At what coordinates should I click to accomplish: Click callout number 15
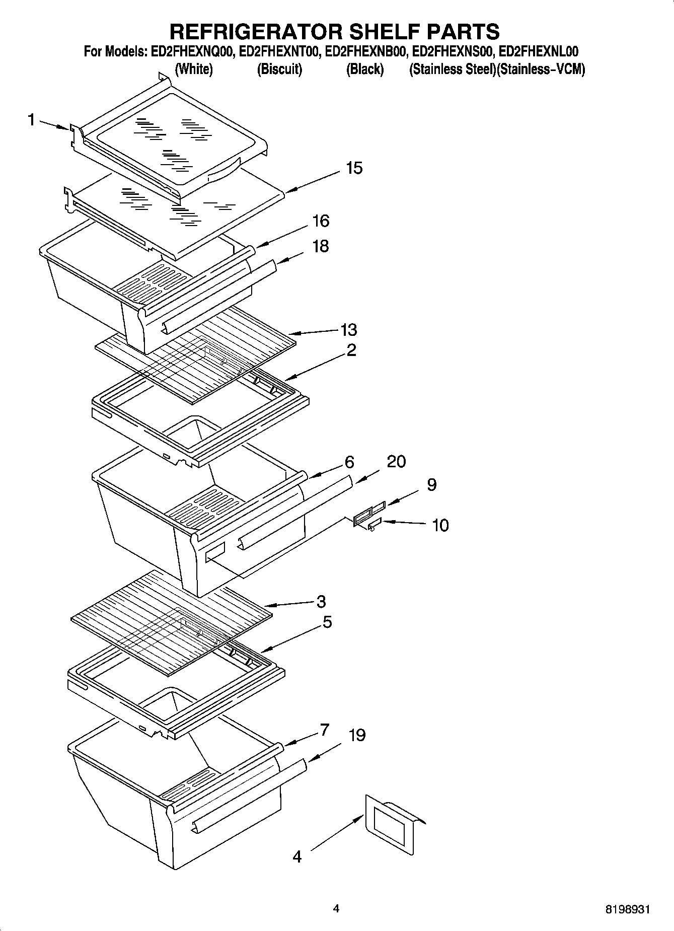pos(354,168)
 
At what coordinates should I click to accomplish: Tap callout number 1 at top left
pos(32,120)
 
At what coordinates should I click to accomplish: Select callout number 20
pos(396,461)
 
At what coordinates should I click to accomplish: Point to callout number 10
pos(440,525)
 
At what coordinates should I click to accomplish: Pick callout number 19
pos(356,735)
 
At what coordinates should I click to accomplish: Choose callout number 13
pos(348,330)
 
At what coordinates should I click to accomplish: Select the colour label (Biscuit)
pos(279,69)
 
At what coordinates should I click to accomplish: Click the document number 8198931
pos(627,910)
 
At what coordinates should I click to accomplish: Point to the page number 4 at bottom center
pos(336,908)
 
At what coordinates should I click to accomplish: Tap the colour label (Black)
pos(364,69)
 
